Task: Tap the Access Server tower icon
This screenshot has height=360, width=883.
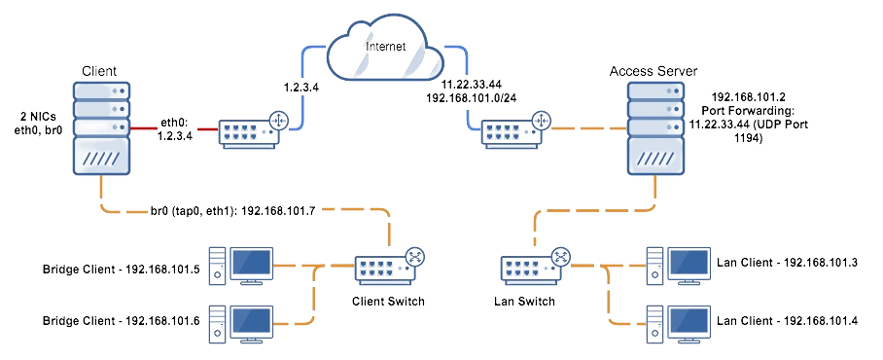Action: pos(654,132)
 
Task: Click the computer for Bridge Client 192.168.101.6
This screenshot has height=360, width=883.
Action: pos(247,322)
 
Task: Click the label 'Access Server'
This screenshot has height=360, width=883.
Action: pos(652,71)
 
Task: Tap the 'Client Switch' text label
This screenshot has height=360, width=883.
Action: pos(388,301)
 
